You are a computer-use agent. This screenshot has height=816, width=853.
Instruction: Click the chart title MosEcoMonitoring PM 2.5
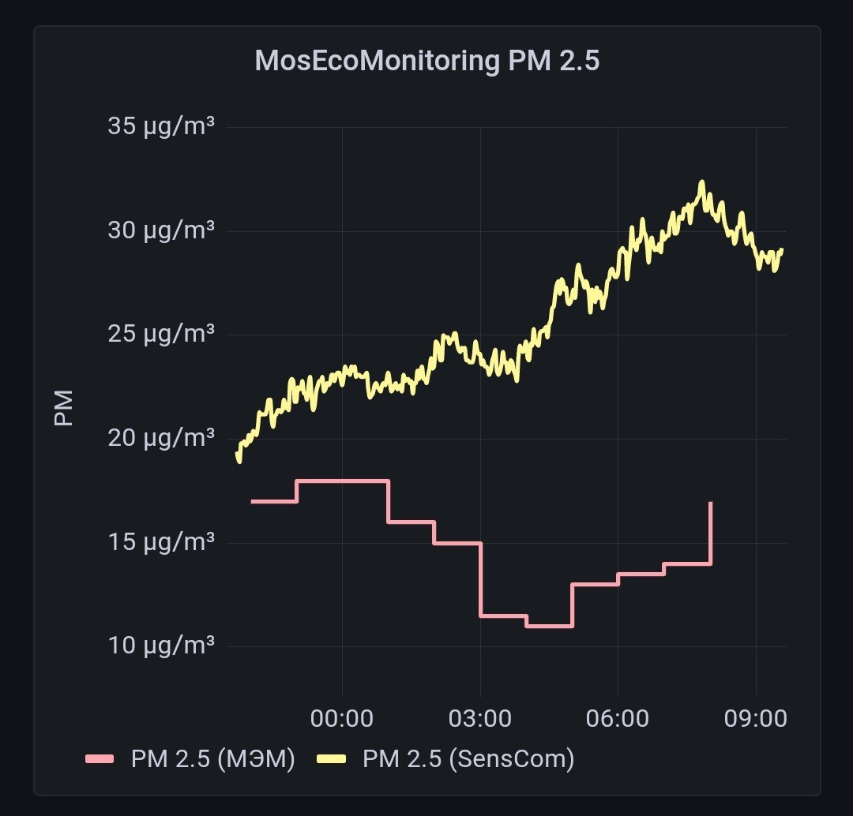(x=427, y=60)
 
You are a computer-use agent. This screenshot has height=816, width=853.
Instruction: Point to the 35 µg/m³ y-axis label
(x=161, y=127)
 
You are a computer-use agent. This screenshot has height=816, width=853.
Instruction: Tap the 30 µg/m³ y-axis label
(x=161, y=230)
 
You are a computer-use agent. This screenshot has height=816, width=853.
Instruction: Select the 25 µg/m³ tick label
(x=161, y=334)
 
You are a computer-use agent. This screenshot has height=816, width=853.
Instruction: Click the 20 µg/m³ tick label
(x=161, y=438)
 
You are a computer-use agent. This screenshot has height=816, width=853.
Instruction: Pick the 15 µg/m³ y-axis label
(x=161, y=542)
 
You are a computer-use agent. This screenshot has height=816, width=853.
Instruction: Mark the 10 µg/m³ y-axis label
(x=161, y=646)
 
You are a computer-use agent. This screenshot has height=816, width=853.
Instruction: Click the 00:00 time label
(x=342, y=719)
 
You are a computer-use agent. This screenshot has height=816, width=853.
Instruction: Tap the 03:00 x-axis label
(x=480, y=719)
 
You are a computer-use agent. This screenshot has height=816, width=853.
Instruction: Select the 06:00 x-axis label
(x=618, y=719)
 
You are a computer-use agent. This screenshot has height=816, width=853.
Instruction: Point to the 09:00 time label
(x=756, y=719)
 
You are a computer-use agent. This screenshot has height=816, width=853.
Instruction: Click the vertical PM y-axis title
(x=64, y=408)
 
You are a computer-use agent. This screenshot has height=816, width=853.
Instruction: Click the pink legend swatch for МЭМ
(x=100, y=759)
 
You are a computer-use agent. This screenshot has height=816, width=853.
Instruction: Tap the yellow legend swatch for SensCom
(x=331, y=759)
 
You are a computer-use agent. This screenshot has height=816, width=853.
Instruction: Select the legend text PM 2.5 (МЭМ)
(x=212, y=759)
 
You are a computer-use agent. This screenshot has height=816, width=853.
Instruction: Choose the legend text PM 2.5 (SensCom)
(x=468, y=759)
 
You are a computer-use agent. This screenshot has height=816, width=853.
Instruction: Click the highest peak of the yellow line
(x=702, y=182)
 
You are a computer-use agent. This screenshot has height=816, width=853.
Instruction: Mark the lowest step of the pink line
(x=550, y=627)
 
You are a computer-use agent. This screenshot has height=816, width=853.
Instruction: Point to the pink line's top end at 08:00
(x=711, y=503)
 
